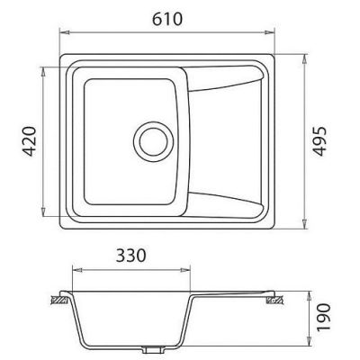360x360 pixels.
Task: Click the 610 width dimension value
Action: pos(167,19)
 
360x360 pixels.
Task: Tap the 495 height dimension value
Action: pos(319,141)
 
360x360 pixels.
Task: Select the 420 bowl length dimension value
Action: pos(30,141)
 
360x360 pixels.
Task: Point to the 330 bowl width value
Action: pos(131,256)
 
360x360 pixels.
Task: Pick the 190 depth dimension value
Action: pos(323,318)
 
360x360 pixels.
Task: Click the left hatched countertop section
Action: pos(60,300)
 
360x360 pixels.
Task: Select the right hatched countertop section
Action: pos(275,301)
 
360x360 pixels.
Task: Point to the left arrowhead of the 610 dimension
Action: pos(65,32)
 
